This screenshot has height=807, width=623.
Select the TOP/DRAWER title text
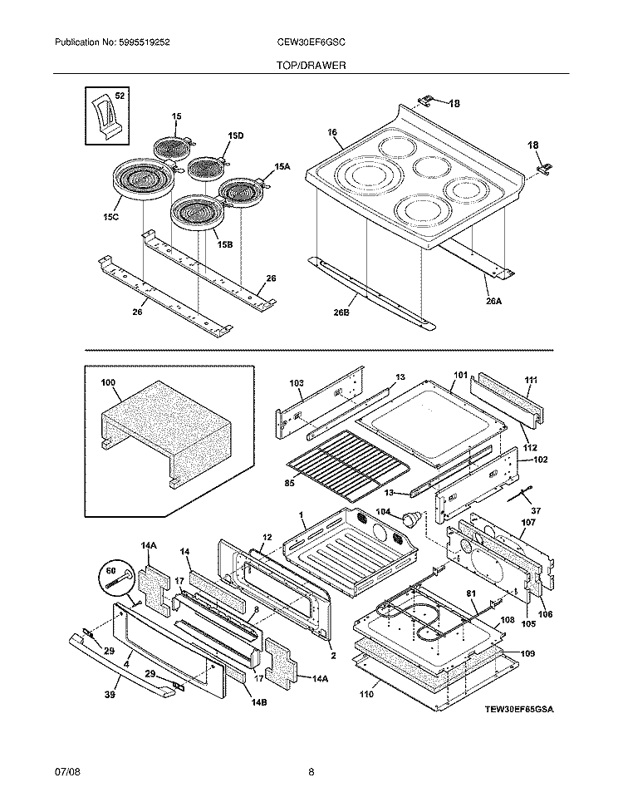(311, 65)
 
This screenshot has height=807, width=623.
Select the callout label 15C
(110, 217)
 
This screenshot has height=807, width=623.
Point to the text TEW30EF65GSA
(519, 711)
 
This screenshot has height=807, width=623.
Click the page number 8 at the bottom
(311, 772)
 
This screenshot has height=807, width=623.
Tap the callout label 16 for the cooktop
(331, 132)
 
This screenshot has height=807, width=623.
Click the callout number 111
(532, 380)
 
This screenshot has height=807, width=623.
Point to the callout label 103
(297, 383)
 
